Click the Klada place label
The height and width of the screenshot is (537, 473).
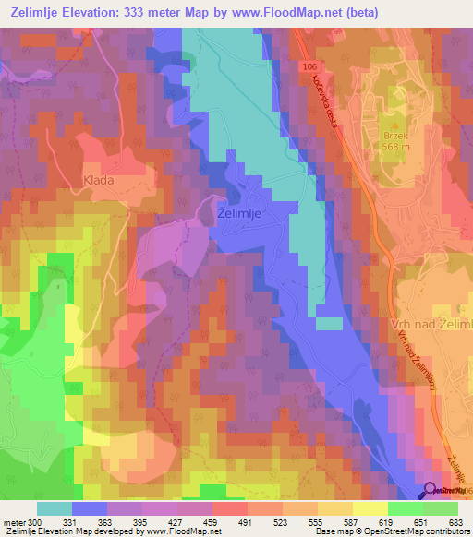(x=98, y=180)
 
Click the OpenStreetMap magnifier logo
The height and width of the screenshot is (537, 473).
(x=431, y=491)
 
